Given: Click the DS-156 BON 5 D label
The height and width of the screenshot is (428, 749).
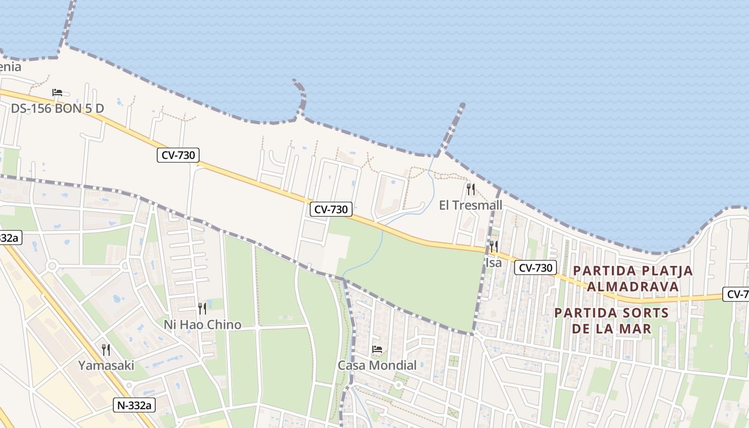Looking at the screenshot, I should pyautogui.click(x=58, y=109).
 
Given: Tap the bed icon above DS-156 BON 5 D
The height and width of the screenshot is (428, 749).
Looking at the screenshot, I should pyautogui.click(x=57, y=93).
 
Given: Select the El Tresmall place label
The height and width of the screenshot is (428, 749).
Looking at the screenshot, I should pyautogui.click(x=470, y=205).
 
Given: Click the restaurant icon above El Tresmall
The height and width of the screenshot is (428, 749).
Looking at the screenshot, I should pyautogui.click(x=471, y=189).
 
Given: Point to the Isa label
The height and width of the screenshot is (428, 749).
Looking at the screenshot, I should pyautogui.click(x=493, y=263).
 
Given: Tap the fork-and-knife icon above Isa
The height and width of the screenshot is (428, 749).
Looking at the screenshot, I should pyautogui.click(x=493, y=247).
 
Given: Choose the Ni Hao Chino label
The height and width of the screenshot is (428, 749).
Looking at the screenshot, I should pyautogui.click(x=202, y=324).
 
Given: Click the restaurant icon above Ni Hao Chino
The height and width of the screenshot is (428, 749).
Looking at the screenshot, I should pyautogui.click(x=202, y=308).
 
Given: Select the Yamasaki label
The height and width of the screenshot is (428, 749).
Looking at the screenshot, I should pyautogui.click(x=106, y=365).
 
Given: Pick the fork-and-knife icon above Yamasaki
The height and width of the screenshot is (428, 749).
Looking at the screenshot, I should pyautogui.click(x=106, y=350).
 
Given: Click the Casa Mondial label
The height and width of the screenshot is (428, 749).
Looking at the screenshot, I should pyautogui.click(x=377, y=365).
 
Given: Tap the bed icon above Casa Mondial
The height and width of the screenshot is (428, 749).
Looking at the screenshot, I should pyautogui.click(x=377, y=349).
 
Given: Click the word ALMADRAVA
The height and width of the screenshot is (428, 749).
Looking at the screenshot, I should pyautogui.click(x=633, y=286).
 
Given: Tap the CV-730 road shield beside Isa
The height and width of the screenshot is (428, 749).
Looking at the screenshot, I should pyautogui.click(x=536, y=267).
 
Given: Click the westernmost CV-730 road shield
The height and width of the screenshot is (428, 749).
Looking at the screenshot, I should pyautogui.click(x=178, y=156).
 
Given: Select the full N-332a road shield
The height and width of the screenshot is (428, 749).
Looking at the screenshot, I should pyautogui.click(x=134, y=405).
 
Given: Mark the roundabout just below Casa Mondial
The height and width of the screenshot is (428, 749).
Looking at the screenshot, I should pyautogui.click(x=398, y=385).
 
